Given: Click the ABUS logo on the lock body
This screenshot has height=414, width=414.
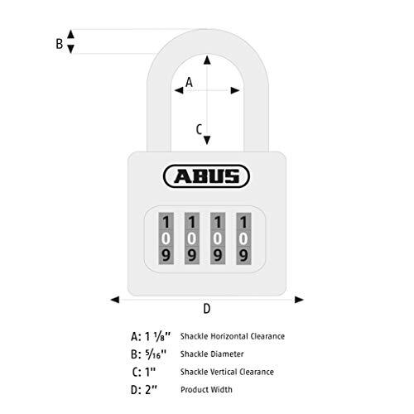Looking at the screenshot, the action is click(206, 176).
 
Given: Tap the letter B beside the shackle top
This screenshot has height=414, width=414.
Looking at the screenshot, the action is click(60, 44).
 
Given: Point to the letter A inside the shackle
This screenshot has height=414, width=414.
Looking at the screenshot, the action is click(189, 82).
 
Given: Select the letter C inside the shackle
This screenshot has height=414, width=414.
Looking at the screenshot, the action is click(199, 129).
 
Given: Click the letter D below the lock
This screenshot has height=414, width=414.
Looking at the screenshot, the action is click(207, 309).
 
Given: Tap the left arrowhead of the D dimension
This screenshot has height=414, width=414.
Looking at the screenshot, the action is click(115, 300).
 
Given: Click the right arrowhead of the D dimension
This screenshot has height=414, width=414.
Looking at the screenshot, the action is click(299, 300).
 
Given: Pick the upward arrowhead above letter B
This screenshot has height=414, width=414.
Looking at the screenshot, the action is click(71, 34).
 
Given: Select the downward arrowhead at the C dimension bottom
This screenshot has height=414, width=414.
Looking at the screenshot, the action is click(207, 140).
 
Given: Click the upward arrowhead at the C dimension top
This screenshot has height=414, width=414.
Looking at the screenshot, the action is click(207, 60).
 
